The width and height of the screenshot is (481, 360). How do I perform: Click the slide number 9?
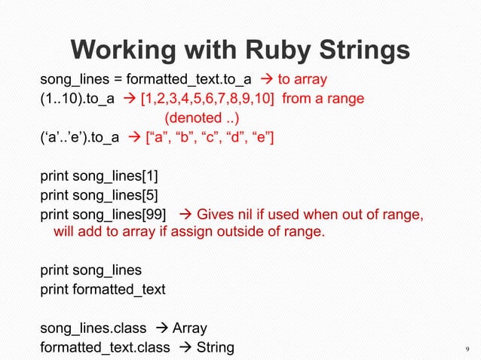click(x=467, y=348)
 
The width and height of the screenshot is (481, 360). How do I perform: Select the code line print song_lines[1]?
click(x=99, y=178)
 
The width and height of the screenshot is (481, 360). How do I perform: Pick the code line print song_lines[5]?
click(x=99, y=197)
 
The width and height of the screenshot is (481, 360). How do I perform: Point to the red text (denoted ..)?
click(x=198, y=118)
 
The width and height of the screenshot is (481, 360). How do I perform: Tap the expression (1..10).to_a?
click(x=77, y=99)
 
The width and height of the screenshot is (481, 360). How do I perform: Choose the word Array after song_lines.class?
click(x=190, y=328)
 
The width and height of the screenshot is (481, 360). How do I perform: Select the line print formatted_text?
click(x=103, y=289)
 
